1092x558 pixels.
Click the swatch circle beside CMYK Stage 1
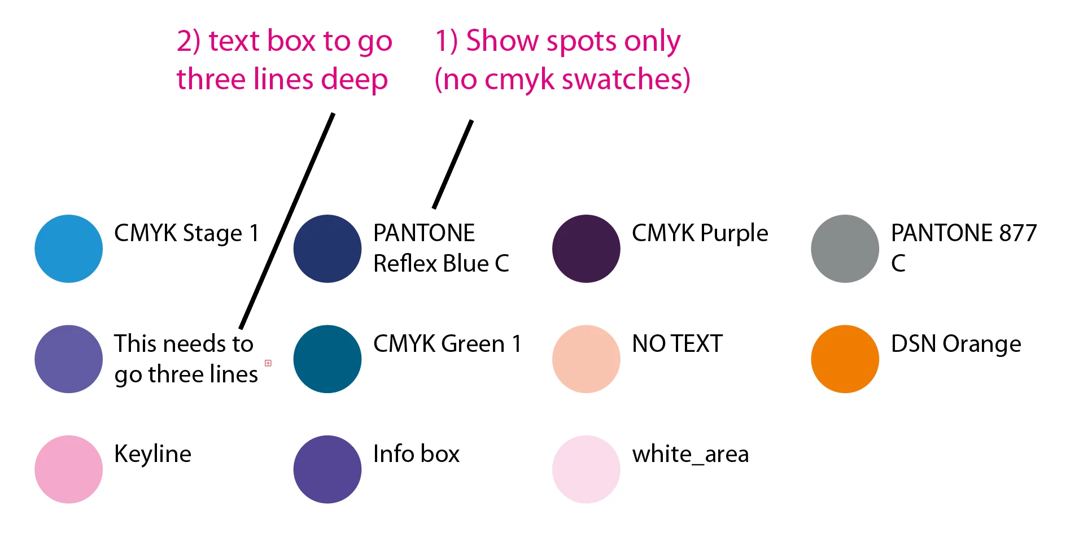68,249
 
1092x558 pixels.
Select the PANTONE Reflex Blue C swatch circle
327,249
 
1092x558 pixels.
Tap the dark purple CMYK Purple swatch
586,249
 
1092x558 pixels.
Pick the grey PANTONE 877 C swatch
845,249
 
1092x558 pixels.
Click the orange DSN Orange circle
845,359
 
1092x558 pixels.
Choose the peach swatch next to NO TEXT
586,359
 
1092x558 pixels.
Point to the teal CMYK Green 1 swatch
327,359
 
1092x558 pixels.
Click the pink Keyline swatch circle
68,469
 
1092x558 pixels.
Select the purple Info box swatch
327,469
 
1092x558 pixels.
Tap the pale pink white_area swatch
586,469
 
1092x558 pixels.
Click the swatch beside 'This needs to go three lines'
68,359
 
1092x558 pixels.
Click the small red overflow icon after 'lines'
268,363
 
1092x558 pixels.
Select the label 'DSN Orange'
956,344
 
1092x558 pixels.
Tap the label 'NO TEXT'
678,344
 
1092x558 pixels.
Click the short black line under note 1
453,164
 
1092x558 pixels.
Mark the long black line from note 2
287,221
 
